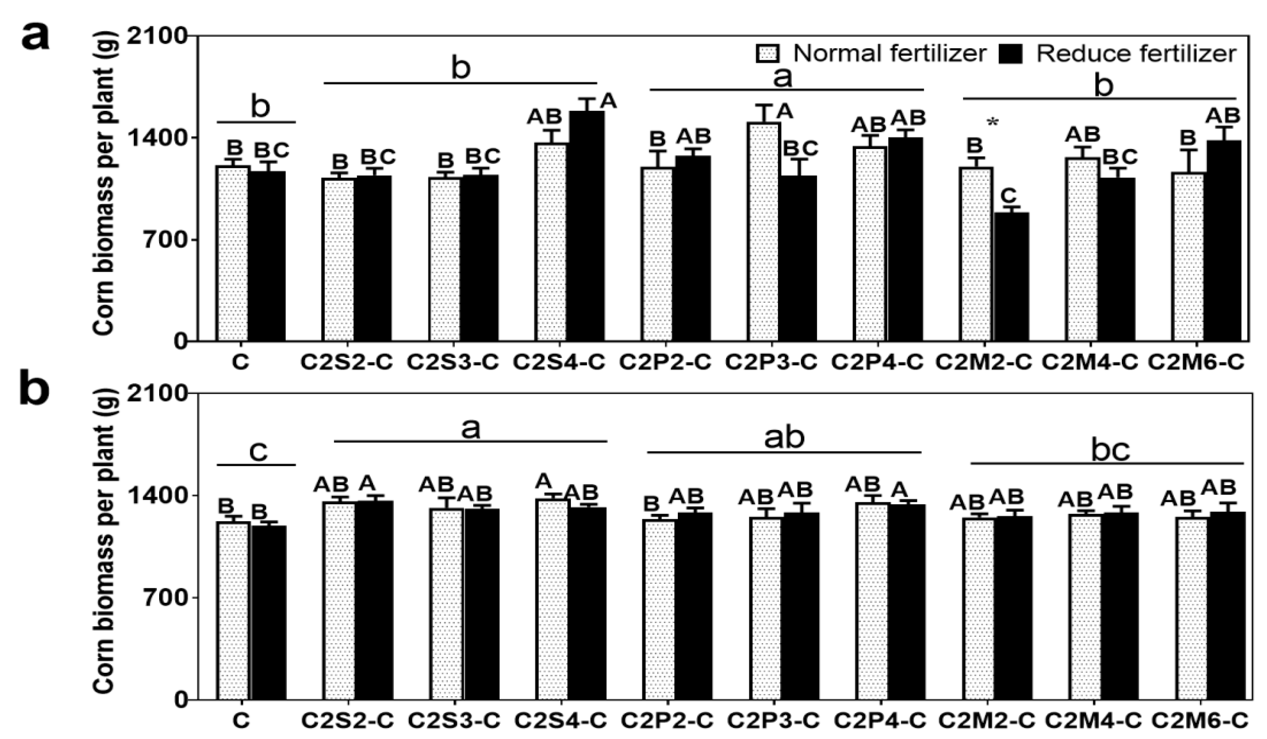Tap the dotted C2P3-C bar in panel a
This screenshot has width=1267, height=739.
[x=764, y=231]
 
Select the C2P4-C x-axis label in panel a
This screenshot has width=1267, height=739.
[x=877, y=363]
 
